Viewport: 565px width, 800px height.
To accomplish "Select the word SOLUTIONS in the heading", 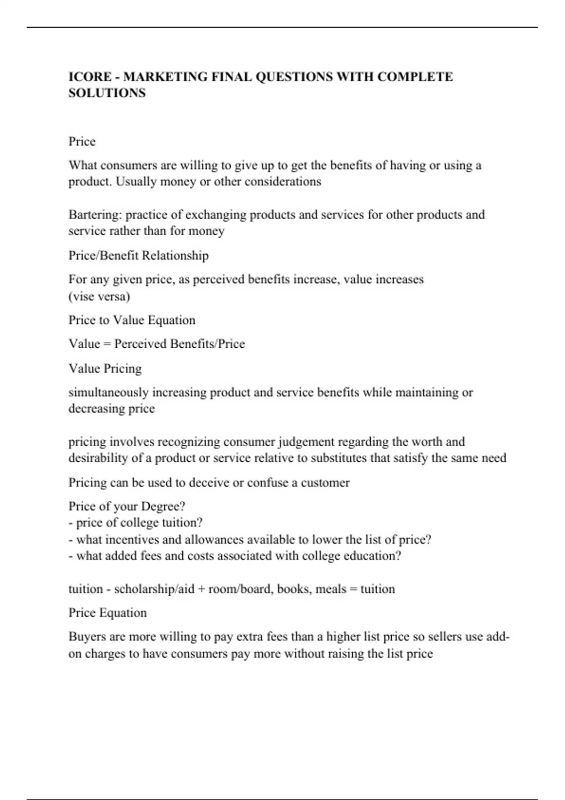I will [x=107, y=93].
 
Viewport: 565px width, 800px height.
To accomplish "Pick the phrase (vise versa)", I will [x=99, y=296].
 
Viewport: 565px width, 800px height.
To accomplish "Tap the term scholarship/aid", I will [x=154, y=589].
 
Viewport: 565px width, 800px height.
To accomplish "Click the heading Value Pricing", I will [x=105, y=368].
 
